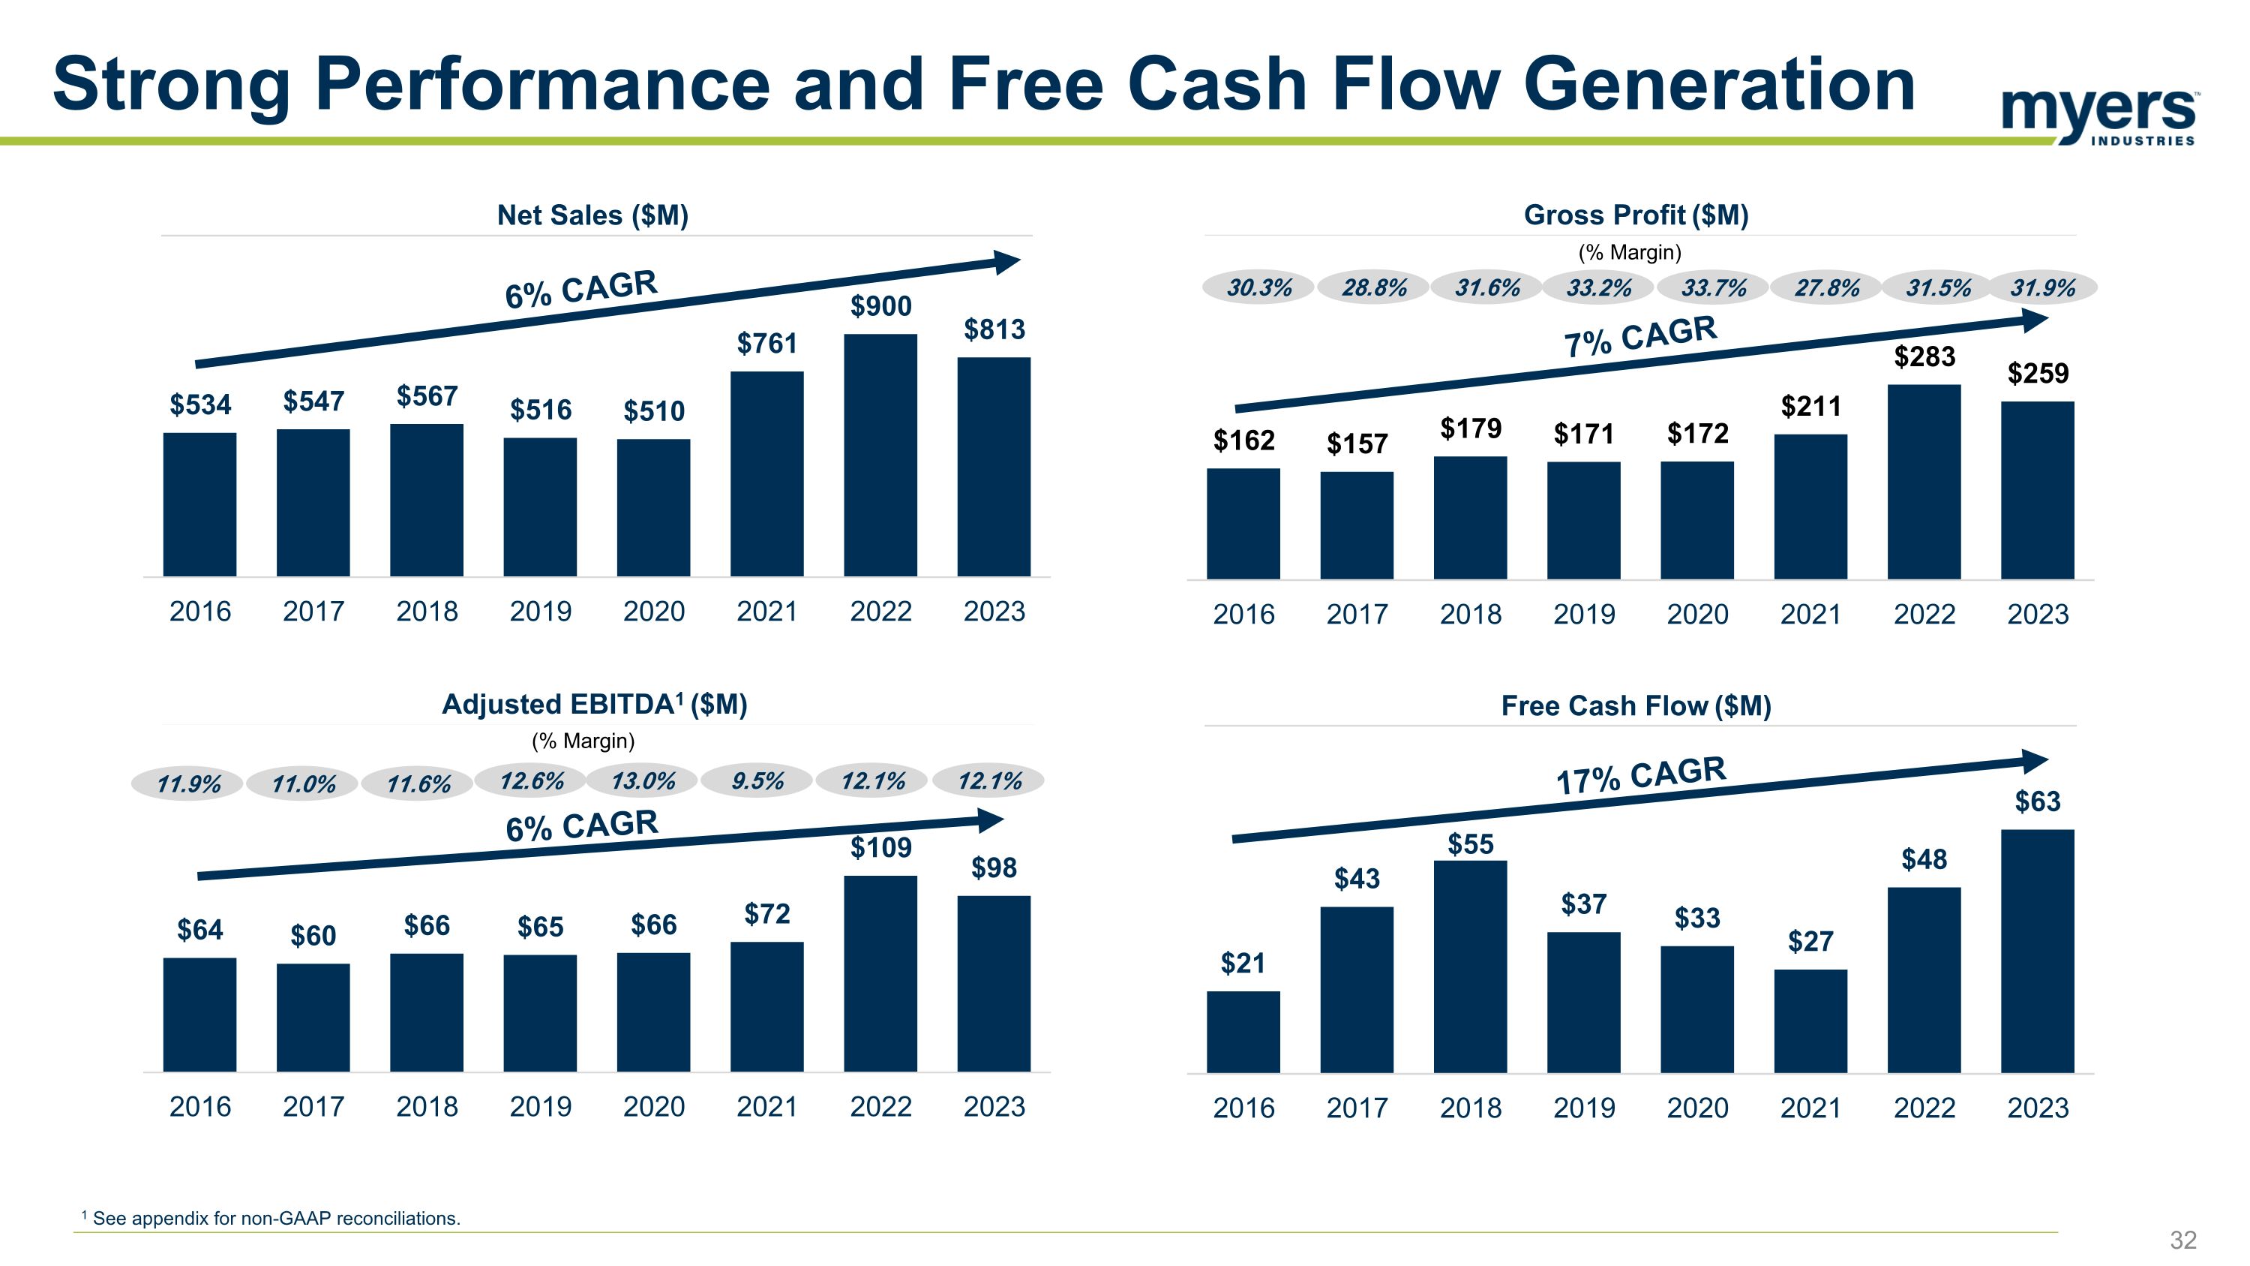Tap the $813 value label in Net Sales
(x=994, y=329)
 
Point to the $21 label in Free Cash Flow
(x=1243, y=963)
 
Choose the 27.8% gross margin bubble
(x=1826, y=287)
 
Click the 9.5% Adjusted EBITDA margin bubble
(x=757, y=781)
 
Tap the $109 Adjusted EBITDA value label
(x=880, y=847)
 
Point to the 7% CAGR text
(x=1639, y=336)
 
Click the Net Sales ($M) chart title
(x=592, y=215)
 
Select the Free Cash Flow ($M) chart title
(x=1635, y=705)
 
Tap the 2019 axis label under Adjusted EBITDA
(x=540, y=1106)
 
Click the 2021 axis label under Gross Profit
(x=1810, y=614)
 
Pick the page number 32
(x=2182, y=1240)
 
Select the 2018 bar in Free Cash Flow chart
(x=1470, y=967)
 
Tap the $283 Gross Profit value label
(x=1924, y=356)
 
